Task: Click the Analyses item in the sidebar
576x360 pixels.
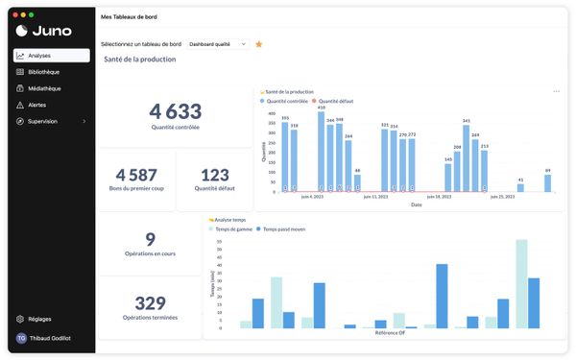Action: click(39, 56)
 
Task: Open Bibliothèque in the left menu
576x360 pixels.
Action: click(43, 72)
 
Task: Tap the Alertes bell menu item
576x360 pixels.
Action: click(36, 105)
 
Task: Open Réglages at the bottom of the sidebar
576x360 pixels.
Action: click(39, 319)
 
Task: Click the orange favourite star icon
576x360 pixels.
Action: click(259, 44)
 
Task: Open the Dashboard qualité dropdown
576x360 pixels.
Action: click(217, 44)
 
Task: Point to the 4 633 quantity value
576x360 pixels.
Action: click(176, 110)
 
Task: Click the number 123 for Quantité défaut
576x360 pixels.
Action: click(216, 175)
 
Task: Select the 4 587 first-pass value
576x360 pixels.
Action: click(135, 175)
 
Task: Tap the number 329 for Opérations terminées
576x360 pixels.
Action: click(150, 302)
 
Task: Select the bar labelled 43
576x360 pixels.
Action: click(520, 186)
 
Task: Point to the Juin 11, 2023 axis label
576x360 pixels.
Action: click(375, 197)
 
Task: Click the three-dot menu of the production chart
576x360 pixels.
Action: click(556, 91)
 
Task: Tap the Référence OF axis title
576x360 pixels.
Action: click(388, 333)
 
